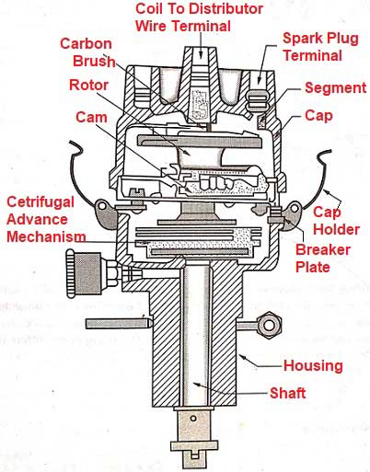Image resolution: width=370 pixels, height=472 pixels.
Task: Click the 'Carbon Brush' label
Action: click(88, 53)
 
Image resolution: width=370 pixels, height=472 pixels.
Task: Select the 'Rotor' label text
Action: click(90, 85)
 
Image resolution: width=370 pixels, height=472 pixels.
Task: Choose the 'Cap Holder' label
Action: click(329, 219)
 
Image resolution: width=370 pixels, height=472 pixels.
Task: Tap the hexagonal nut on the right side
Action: click(271, 324)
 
